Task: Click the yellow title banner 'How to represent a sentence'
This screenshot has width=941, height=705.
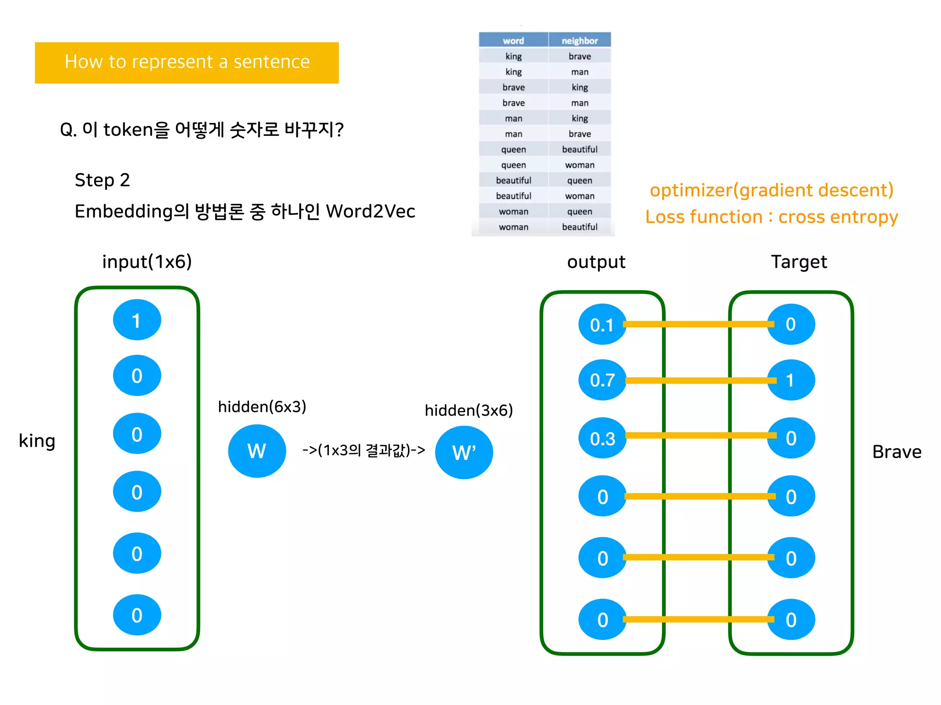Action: point(187,62)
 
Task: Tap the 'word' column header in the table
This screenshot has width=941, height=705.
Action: point(513,40)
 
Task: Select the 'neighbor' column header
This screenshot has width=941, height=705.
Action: point(579,40)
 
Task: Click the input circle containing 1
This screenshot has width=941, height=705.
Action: point(137,320)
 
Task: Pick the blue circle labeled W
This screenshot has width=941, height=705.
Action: point(257,451)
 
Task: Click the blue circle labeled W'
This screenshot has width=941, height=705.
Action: point(464,453)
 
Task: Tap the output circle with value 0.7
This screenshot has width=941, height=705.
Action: point(602,380)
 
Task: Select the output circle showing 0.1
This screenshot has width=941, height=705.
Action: point(601,325)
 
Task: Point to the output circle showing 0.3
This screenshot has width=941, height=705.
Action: point(602,438)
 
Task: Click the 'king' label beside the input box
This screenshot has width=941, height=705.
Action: point(37,441)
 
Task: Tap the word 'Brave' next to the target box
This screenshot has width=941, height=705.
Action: point(896,452)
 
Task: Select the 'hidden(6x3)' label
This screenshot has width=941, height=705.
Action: point(262,407)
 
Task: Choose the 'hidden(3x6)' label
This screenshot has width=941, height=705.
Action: point(468,410)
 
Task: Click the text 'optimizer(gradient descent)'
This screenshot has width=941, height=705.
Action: point(771,190)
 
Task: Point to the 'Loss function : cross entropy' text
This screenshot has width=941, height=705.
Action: point(771,217)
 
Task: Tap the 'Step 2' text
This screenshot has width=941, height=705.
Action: point(102,180)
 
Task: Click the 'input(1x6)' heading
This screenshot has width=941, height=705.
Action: point(147,262)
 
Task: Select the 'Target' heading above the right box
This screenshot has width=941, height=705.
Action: point(799,262)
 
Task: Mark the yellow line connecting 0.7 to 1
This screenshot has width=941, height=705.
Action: point(697,380)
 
